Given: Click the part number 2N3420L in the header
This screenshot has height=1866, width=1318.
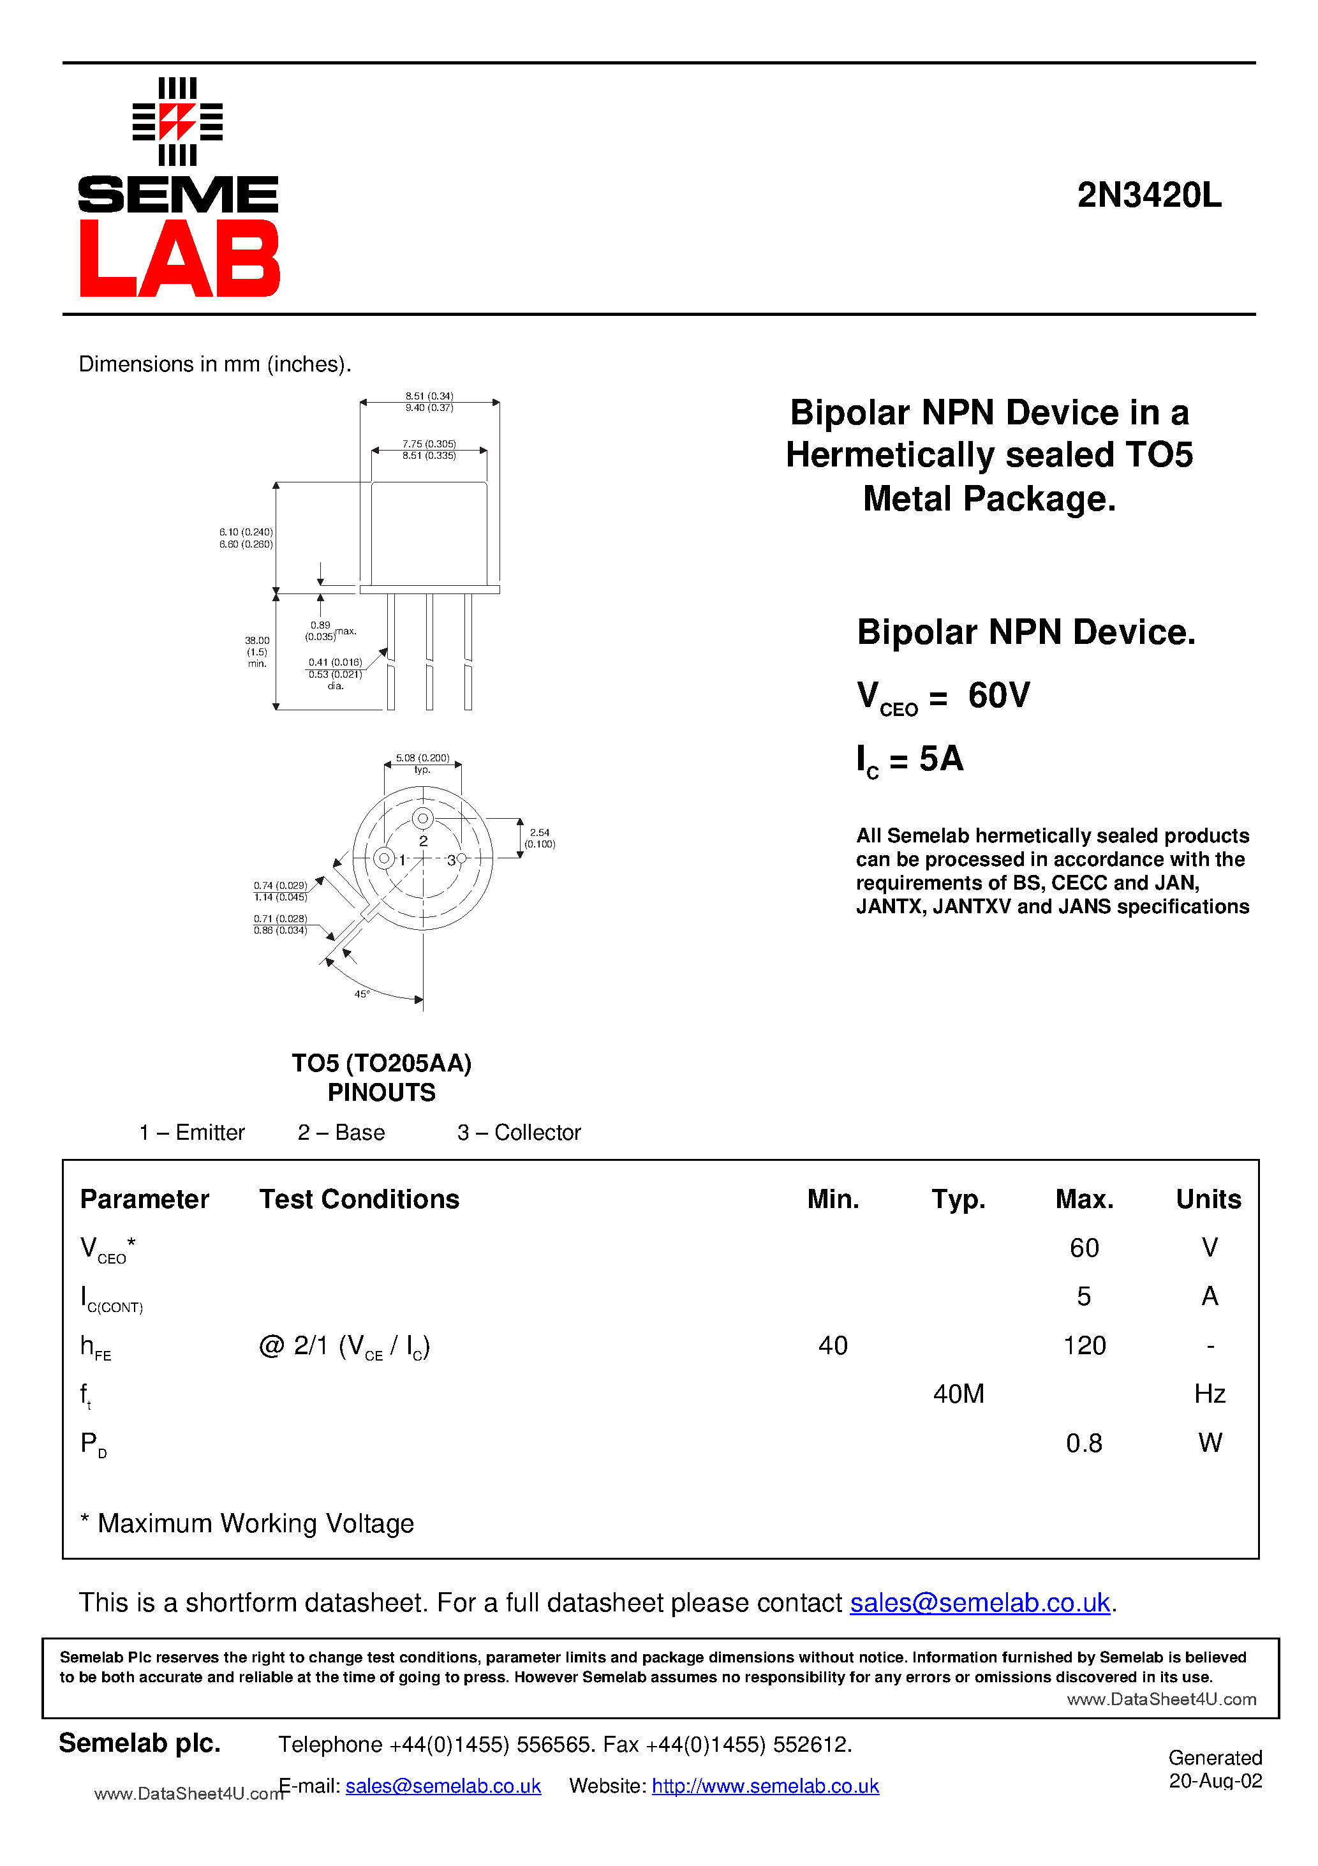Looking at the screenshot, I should (x=1148, y=195).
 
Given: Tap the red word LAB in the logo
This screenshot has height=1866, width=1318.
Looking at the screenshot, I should (x=179, y=258).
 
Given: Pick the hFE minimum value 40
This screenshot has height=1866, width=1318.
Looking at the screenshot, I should (x=833, y=1345).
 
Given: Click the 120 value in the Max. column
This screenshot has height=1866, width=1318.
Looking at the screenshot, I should (x=1084, y=1345).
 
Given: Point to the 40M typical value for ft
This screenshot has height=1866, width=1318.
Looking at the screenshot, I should (x=958, y=1394).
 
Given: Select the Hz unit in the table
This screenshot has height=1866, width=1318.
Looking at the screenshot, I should (x=1209, y=1394).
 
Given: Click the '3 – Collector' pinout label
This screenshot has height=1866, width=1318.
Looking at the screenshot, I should (x=519, y=1132).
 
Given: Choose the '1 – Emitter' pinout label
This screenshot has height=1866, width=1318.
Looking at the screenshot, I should (x=192, y=1132).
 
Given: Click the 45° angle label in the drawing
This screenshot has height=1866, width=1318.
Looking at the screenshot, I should (x=362, y=994).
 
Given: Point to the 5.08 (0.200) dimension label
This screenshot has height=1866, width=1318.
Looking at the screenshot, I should (x=422, y=758).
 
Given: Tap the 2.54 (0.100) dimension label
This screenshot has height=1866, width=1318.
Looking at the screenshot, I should (x=540, y=838).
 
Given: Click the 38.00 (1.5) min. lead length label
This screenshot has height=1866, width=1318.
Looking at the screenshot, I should (x=257, y=652).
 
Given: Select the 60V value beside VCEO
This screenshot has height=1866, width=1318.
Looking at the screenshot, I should (x=998, y=695).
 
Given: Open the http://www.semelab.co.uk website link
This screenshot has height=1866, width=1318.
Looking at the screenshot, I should (x=765, y=1786).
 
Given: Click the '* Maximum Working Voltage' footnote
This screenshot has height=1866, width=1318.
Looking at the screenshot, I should (x=247, y=1523).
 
